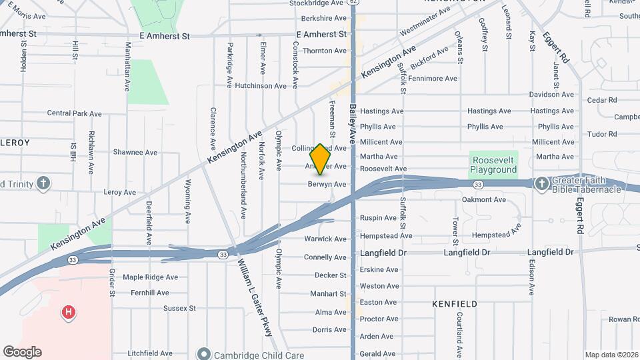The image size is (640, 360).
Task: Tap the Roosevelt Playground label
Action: point(494,165)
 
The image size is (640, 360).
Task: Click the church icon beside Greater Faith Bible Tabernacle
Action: point(541,184)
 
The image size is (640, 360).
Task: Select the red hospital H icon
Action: point(67,312)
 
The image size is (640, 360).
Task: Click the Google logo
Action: point(22,352)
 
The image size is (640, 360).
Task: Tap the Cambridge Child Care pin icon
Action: point(205,355)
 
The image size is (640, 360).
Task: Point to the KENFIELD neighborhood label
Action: point(455,304)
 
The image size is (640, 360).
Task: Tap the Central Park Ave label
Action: point(74,113)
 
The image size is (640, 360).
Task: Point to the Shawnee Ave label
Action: point(135,153)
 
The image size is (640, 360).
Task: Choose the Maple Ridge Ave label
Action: point(150,277)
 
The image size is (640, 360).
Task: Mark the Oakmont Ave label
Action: point(484,200)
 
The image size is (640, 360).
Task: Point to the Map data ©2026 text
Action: point(611,355)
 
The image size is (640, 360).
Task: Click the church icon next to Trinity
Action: point(43,184)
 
